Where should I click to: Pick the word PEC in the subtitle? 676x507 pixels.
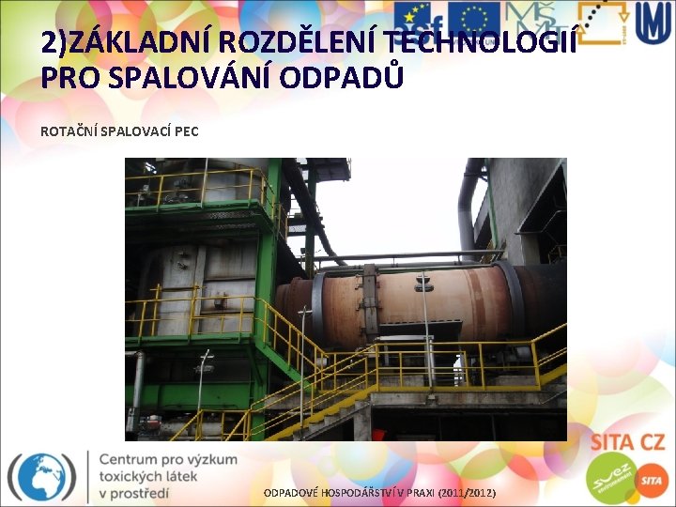pyautogui.click(x=186, y=131)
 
